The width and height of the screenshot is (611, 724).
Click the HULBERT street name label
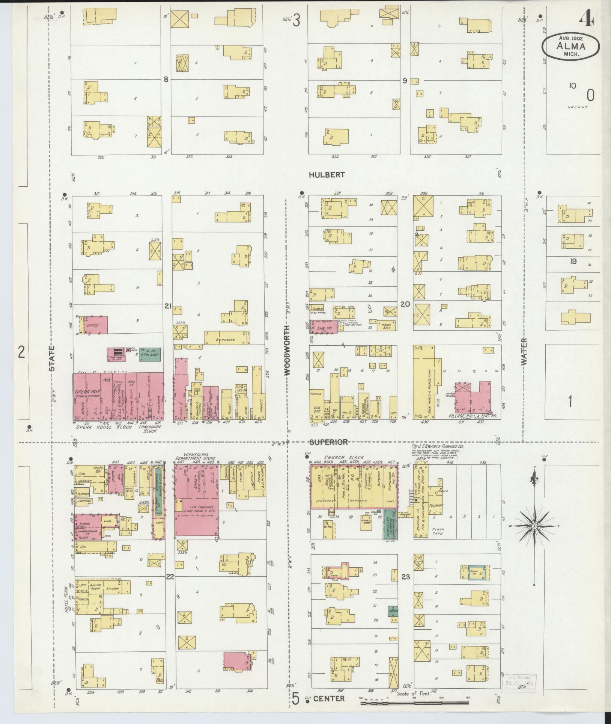tap(327, 175)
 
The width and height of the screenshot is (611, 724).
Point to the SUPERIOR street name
tap(329, 442)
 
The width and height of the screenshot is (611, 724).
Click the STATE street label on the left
tap(52, 358)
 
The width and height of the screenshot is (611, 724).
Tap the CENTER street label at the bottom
tap(329, 699)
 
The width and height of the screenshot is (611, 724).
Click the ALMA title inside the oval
tap(570, 47)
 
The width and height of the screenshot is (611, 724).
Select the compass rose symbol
tap(534, 526)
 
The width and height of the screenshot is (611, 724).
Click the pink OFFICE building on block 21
tap(94, 325)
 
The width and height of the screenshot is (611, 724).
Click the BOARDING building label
tap(226, 340)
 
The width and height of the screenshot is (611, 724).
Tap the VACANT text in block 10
tap(577, 107)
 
